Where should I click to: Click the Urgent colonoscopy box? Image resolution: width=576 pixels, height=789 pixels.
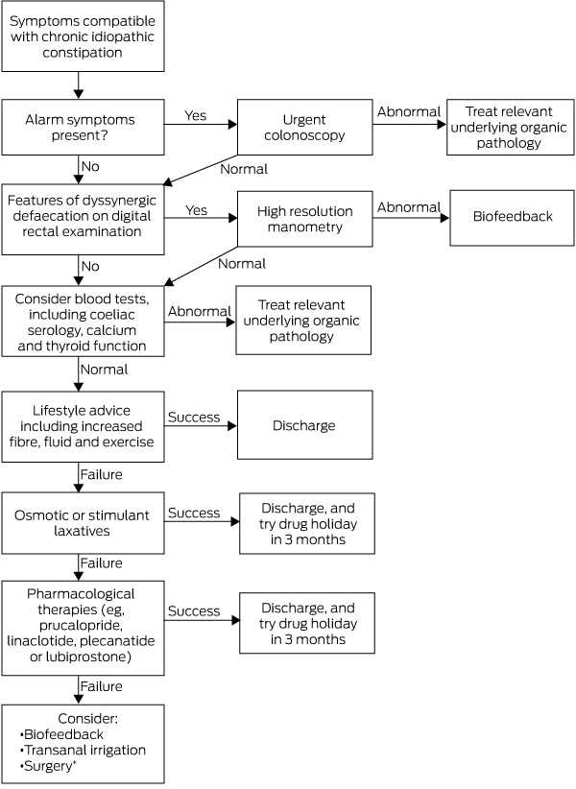point(305,127)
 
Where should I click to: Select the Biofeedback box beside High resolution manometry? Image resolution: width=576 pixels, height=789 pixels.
point(512,218)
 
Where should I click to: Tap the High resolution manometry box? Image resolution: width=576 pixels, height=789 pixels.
point(305,219)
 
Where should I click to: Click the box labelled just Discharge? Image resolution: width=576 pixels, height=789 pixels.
point(305,425)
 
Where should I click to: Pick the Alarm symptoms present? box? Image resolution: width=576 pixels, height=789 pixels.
point(83,127)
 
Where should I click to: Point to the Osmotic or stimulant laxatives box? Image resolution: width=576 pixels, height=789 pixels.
point(83,523)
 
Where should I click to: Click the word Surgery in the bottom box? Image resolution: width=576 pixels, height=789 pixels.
point(48,766)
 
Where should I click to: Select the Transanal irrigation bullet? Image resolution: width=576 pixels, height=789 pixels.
point(83,750)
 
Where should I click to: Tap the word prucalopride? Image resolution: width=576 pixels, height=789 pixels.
point(81,626)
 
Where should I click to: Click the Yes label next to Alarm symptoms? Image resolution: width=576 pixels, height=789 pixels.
point(195,116)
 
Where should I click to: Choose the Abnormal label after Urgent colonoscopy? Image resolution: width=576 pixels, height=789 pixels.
point(409,111)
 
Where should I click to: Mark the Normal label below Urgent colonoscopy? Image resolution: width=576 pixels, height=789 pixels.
point(244,169)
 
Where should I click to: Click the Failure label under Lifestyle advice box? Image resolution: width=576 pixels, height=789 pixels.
point(101,474)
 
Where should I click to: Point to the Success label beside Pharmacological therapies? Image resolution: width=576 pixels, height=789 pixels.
point(194,610)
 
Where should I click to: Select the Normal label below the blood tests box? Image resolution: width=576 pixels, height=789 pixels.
point(104,370)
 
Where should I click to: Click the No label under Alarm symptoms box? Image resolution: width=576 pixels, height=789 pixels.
point(90,167)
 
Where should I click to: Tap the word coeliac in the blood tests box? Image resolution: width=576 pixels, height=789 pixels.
point(109,315)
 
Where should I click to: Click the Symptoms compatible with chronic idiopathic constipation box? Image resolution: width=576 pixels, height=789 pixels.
point(83,36)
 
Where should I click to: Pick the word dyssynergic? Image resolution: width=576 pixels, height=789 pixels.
point(118,201)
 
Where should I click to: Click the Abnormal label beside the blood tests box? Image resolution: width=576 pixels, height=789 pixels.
point(200,312)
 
